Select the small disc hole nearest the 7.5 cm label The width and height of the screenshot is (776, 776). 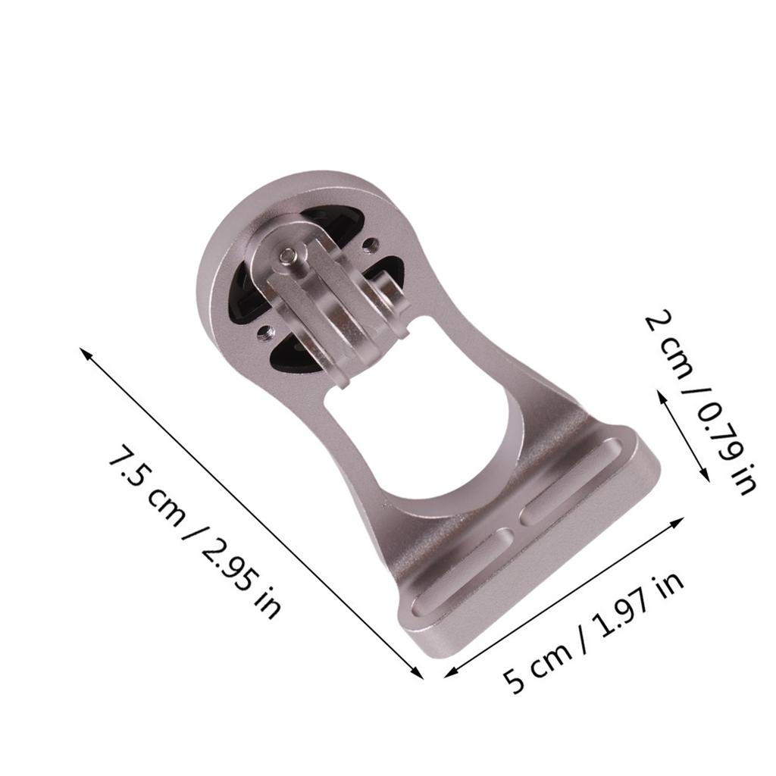(x=263, y=330)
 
